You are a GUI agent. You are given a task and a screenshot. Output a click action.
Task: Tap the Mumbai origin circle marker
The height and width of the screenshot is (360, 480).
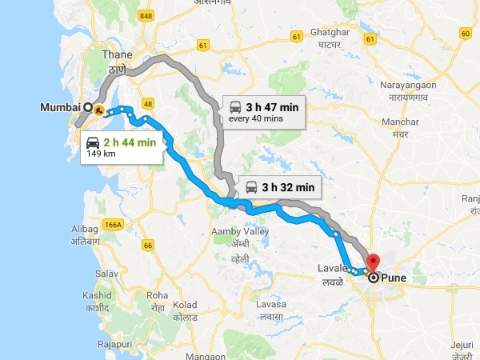coord(88,106)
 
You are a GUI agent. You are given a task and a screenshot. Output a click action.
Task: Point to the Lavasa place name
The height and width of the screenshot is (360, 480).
coord(271,305)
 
